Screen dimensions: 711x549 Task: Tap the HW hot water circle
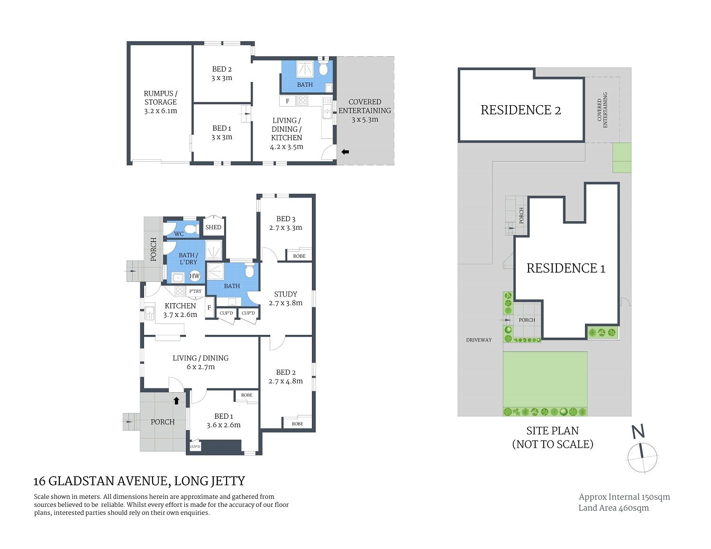(194, 276)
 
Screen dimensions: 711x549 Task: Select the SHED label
(213, 227)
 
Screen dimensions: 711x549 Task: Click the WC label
(179, 234)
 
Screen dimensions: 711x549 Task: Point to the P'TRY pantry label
(195, 291)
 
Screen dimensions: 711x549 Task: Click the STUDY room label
(285, 294)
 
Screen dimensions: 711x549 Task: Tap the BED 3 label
(286, 219)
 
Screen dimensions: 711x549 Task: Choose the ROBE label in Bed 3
(299, 256)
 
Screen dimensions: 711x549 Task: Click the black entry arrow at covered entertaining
(345, 152)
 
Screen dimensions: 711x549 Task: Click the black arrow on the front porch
(176, 401)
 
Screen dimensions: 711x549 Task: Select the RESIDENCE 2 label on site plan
(520, 110)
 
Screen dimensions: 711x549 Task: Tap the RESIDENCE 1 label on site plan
(566, 269)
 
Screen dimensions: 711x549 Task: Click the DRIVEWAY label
(479, 340)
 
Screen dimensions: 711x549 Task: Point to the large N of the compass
(638, 431)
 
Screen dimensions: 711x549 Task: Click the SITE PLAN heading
(552, 431)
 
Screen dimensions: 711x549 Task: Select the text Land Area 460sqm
(613, 508)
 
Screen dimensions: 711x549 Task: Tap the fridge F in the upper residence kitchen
(288, 101)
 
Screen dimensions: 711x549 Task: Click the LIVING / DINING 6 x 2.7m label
(201, 362)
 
